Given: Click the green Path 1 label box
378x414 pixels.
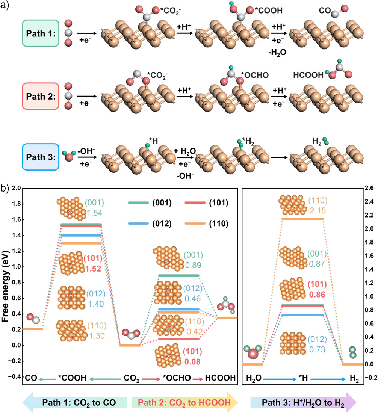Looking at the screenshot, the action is tap(41, 33).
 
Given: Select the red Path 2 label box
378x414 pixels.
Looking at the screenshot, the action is tap(41, 96).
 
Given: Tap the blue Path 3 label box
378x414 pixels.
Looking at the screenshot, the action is tap(41, 157).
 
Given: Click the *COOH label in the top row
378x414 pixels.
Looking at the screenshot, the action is tap(269, 10).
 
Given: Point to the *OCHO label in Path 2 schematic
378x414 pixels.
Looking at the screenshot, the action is tap(255, 75).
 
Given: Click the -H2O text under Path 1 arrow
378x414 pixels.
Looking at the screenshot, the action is tap(277, 53).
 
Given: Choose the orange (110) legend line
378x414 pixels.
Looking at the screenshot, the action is tap(195, 224).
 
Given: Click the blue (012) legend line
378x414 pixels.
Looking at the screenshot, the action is tap(138, 224).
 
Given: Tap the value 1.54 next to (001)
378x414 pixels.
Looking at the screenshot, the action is tap(95, 213).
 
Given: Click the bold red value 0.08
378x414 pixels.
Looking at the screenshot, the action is tap(192, 361).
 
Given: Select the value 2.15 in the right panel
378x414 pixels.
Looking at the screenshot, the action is tap(318, 211).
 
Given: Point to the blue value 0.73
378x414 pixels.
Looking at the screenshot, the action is tap(317, 349).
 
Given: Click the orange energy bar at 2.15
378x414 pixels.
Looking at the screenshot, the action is tap(302, 219).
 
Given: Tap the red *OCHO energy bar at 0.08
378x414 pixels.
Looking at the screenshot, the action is tap(178, 339).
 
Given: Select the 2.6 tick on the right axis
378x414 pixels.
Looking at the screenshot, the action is tap(369, 188).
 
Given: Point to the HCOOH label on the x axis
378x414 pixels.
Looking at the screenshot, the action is tap(220, 378).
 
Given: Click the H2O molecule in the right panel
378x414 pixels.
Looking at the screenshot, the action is tap(252, 352).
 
